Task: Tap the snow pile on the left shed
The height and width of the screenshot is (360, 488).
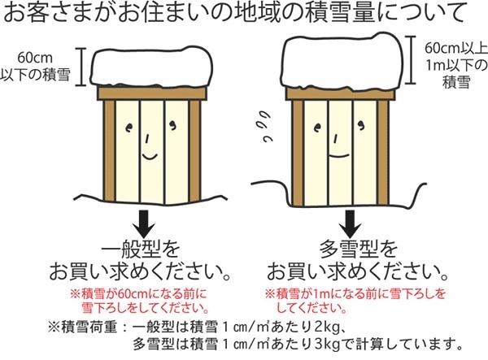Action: (x=151, y=66)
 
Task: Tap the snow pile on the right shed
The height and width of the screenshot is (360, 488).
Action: (x=342, y=60)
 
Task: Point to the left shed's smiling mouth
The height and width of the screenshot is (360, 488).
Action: (x=150, y=156)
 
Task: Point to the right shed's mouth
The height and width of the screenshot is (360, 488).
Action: (x=339, y=154)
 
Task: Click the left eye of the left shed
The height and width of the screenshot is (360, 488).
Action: (x=129, y=127)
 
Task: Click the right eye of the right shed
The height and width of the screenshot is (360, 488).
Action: (x=361, y=126)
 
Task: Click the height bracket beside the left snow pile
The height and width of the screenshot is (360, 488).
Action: (x=81, y=67)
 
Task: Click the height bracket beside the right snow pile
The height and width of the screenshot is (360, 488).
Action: (x=411, y=59)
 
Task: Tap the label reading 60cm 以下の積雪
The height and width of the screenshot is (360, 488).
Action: (x=35, y=67)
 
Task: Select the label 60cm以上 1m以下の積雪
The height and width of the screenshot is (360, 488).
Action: (x=456, y=65)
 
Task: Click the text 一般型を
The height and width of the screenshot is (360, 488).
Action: (x=141, y=249)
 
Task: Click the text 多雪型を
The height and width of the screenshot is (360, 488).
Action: (x=359, y=249)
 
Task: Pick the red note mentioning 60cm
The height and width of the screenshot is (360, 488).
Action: (x=139, y=301)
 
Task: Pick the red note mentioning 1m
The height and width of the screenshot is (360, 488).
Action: (x=355, y=301)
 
